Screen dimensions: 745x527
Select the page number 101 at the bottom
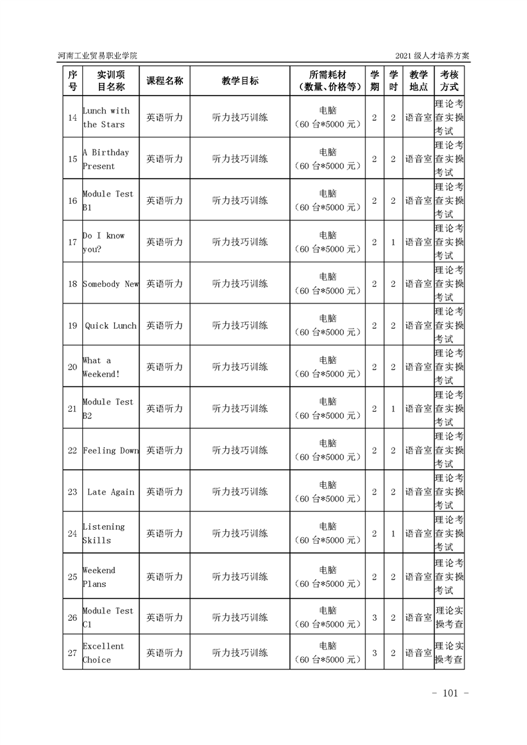coord(450,694)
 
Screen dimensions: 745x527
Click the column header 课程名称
coord(164,80)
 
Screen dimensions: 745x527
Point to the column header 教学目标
coord(240,80)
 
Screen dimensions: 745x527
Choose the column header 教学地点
coord(418,80)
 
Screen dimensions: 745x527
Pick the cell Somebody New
coord(110,284)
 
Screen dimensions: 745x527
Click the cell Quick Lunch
coord(110,326)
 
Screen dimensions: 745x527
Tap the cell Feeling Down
coord(110,451)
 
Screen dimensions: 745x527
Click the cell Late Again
coord(110,493)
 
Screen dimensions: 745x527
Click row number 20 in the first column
coord(72,367)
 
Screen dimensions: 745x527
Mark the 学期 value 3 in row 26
coord(374,618)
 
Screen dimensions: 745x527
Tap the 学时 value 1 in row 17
coord(393,242)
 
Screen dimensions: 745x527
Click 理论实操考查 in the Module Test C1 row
coord(449,618)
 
